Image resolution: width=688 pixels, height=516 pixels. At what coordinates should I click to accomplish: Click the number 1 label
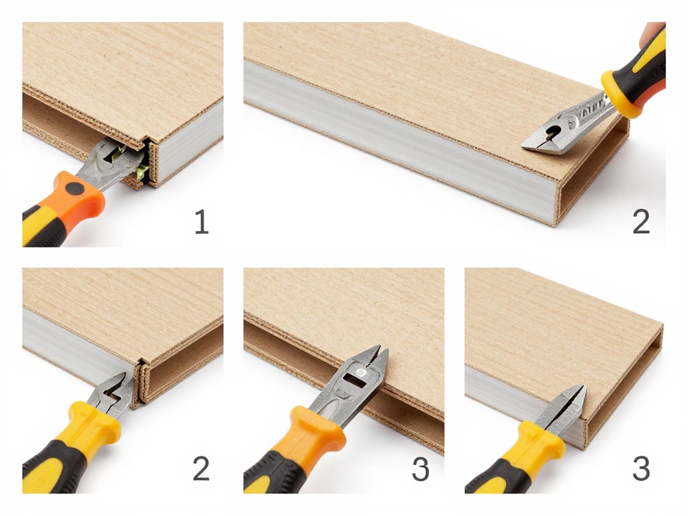(202, 222)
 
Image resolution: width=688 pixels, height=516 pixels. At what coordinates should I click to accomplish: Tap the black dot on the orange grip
(75, 189)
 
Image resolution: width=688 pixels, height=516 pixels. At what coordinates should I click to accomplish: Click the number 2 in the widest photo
(641, 222)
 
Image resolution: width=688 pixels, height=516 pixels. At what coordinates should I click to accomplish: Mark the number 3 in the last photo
(640, 468)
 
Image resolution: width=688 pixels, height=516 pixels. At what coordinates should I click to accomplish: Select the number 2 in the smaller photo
(201, 468)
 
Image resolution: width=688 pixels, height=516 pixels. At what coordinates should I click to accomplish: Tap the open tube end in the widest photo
(595, 175)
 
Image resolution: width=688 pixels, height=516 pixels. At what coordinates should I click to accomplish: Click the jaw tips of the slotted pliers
(380, 350)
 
